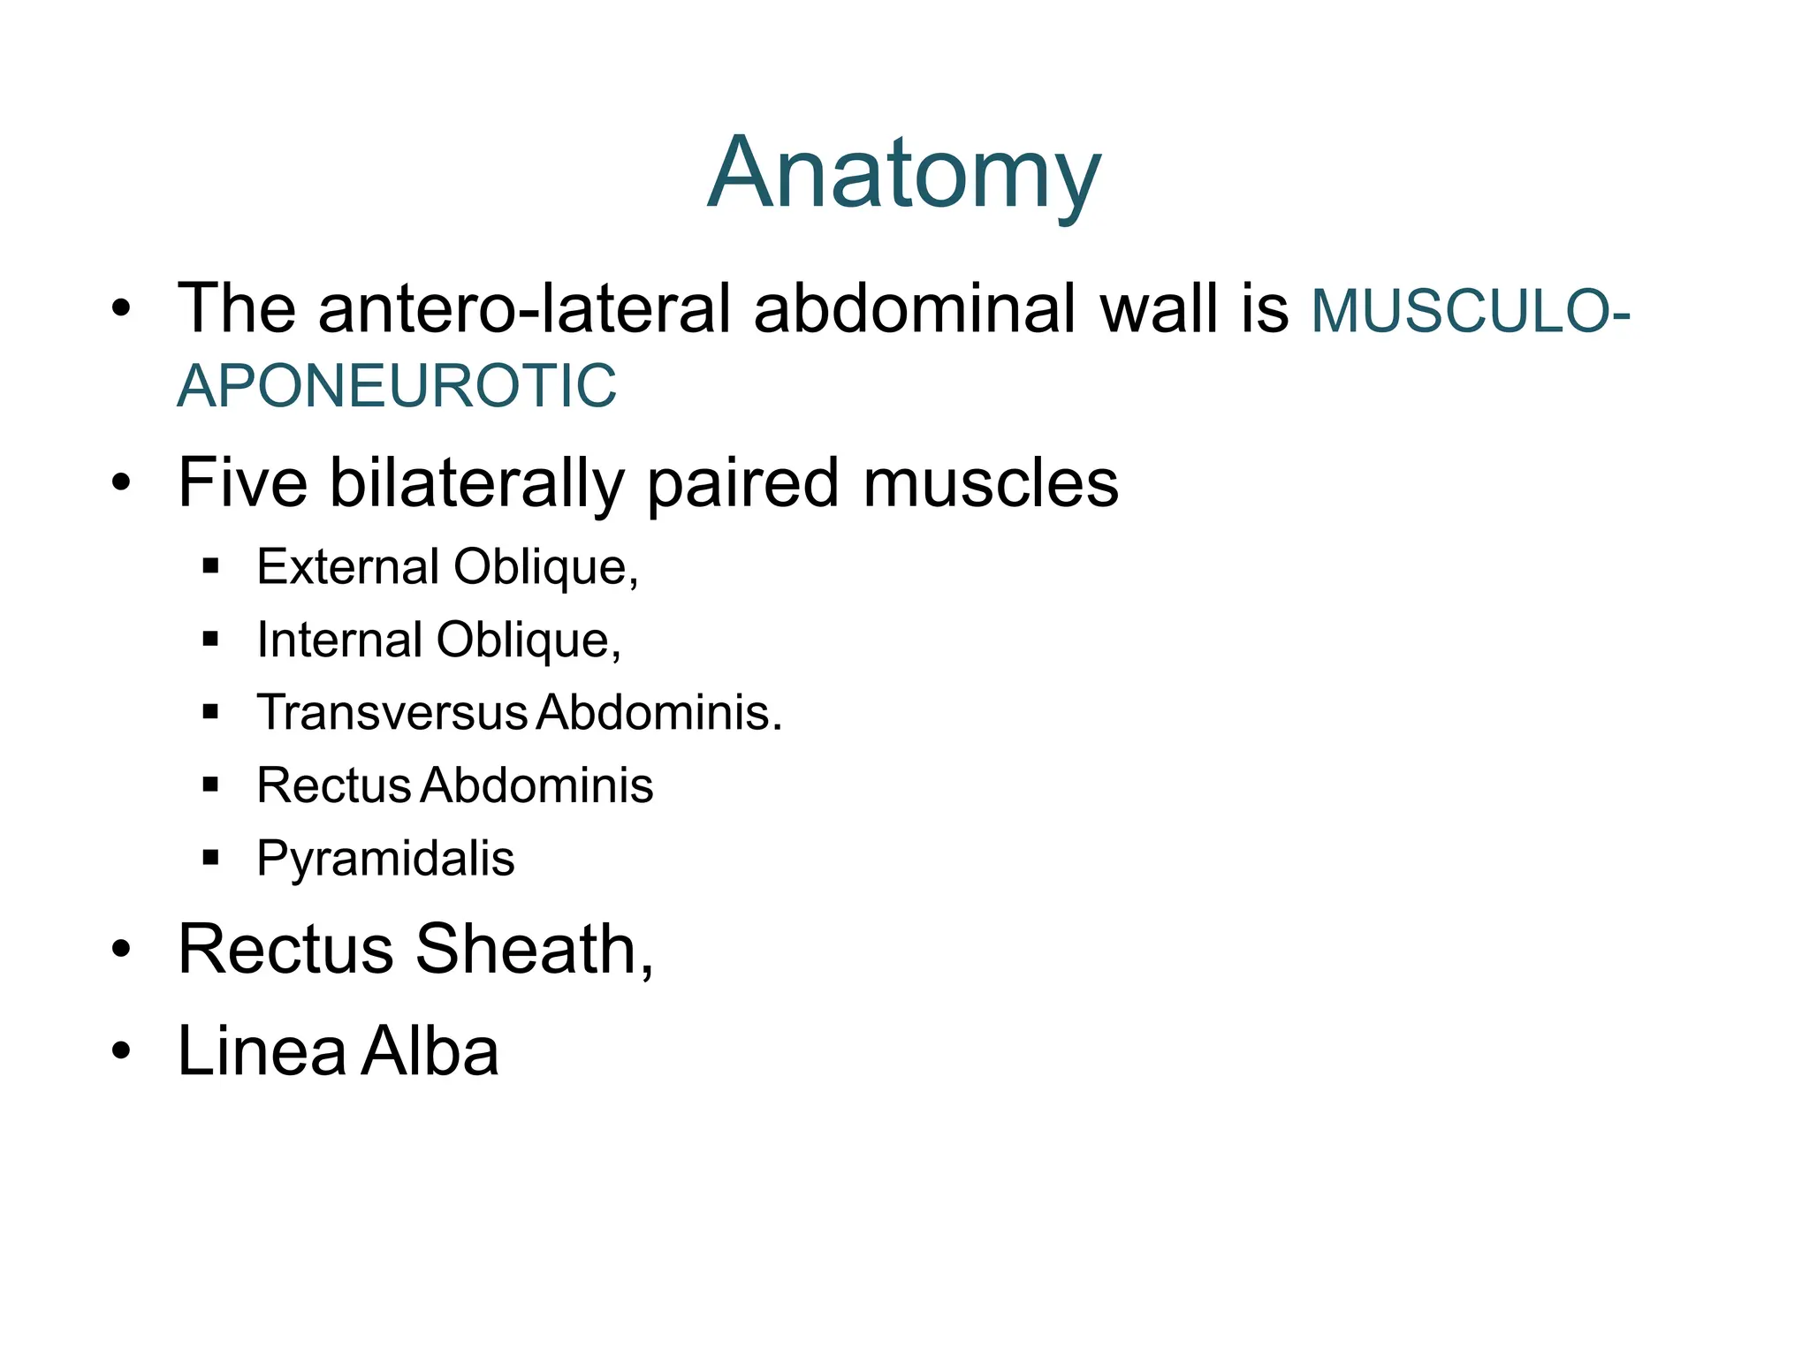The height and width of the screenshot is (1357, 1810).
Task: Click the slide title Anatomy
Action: click(904, 173)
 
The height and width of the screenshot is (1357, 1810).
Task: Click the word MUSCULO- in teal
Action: click(1470, 311)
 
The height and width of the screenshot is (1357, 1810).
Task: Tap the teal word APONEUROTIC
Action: click(397, 386)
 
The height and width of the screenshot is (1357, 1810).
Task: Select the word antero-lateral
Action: click(524, 308)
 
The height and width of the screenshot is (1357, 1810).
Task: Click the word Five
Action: click(242, 483)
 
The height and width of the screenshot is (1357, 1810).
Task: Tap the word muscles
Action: click(991, 483)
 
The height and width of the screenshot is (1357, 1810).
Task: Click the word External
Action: click(347, 566)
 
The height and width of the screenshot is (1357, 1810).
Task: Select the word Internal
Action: click(339, 640)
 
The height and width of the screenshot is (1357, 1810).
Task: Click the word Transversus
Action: click(392, 712)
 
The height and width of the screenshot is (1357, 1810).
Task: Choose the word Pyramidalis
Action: click(385, 859)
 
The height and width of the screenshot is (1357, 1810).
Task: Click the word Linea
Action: click(262, 1051)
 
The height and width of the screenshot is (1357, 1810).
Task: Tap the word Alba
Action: click(430, 1051)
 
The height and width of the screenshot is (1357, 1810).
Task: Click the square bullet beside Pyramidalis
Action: click(210, 856)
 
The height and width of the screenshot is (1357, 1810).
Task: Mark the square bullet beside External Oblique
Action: click(210, 565)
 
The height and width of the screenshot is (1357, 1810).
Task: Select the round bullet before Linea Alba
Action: click(121, 1051)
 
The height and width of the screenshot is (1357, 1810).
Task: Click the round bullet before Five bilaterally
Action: click(121, 483)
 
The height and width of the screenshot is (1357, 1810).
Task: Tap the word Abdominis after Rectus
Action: click(536, 785)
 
